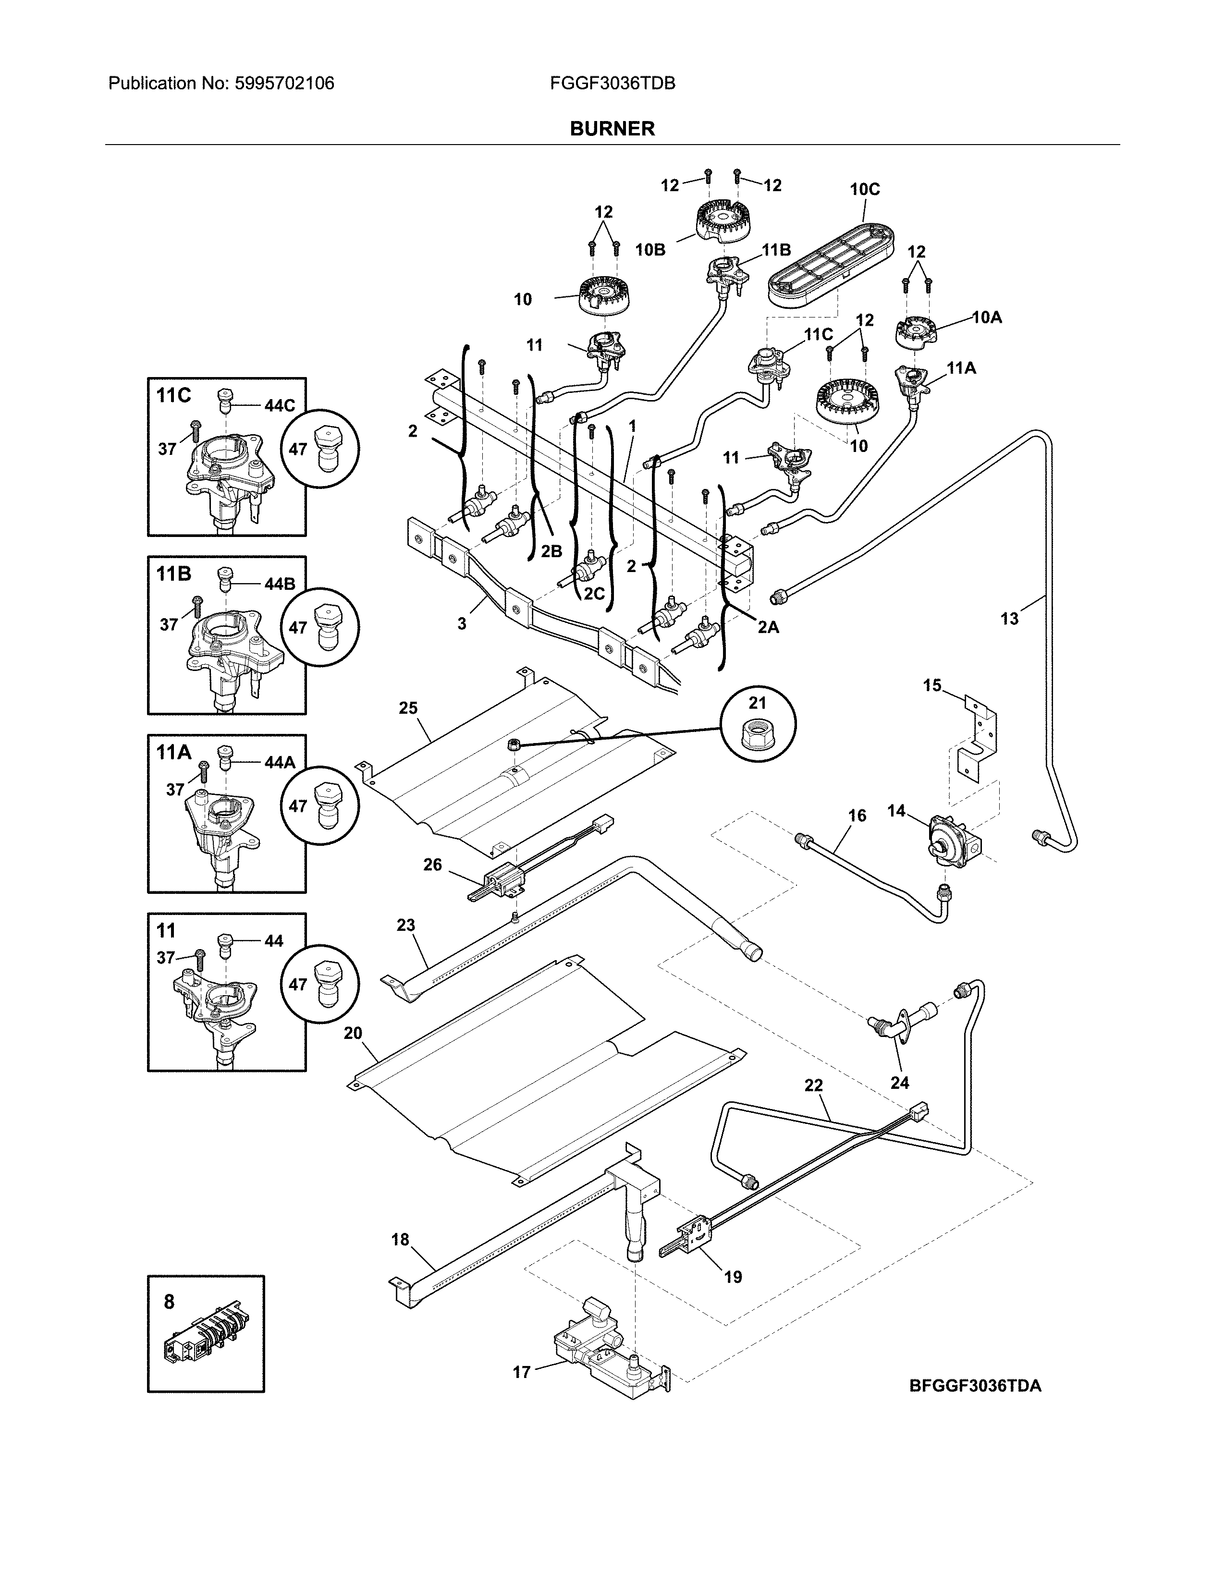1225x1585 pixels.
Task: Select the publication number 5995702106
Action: [284, 84]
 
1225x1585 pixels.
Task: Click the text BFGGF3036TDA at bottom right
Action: [975, 1385]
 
